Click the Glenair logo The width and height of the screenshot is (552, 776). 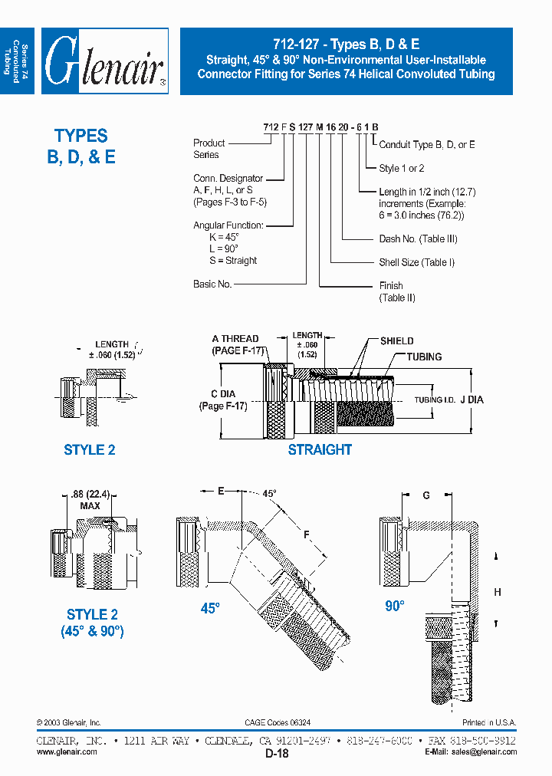[x=105, y=61]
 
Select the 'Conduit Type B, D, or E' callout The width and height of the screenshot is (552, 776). [x=427, y=144]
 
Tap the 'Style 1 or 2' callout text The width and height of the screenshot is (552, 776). [x=402, y=168]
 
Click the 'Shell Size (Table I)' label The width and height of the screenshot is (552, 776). [x=416, y=262]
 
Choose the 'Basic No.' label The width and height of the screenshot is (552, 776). [x=212, y=284]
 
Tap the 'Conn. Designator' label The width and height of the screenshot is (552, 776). [x=228, y=178]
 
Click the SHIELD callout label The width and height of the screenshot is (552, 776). [x=396, y=341]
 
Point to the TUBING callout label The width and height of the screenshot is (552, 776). [x=423, y=357]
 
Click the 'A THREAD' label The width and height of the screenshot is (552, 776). [x=235, y=339]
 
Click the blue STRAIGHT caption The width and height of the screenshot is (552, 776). [x=320, y=450]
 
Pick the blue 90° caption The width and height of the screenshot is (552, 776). [x=394, y=606]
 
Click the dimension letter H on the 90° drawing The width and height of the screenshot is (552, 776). [x=498, y=592]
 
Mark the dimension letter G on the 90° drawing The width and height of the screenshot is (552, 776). [x=426, y=495]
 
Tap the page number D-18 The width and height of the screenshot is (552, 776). [x=277, y=754]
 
